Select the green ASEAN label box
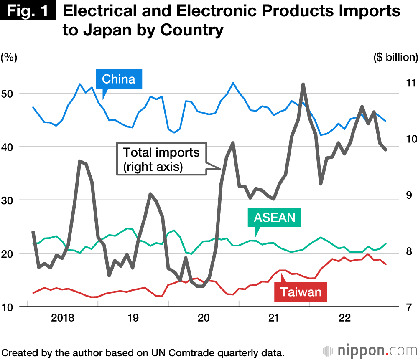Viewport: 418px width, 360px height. pyautogui.click(x=274, y=217)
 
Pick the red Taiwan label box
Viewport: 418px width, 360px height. pyautogui.click(x=301, y=291)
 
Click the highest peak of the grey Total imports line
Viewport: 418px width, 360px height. pyautogui.click(x=303, y=84)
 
